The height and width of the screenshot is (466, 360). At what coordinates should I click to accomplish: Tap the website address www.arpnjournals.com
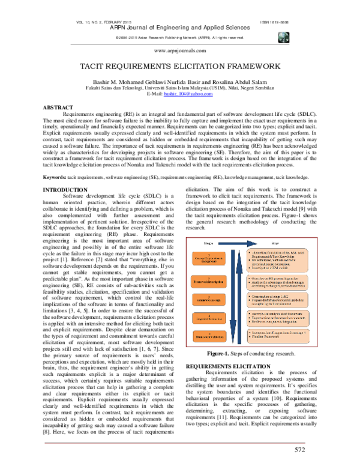coord(180,52)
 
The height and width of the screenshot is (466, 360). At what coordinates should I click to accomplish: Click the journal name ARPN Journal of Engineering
coord(180,28)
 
